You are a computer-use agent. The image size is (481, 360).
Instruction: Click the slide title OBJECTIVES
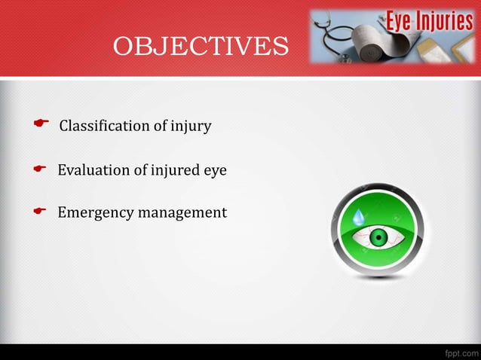point(201,47)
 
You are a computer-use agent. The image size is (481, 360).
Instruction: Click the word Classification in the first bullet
point(104,126)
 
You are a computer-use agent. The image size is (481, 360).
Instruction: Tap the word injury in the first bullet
point(191,126)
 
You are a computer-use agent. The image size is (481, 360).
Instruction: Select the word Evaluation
point(94,170)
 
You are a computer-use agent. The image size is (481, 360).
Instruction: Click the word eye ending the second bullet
point(216,170)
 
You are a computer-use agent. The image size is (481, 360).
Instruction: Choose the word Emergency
point(96,213)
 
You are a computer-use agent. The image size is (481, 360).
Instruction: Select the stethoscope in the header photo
point(335,34)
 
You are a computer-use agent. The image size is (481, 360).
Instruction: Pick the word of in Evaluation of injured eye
point(141,170)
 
